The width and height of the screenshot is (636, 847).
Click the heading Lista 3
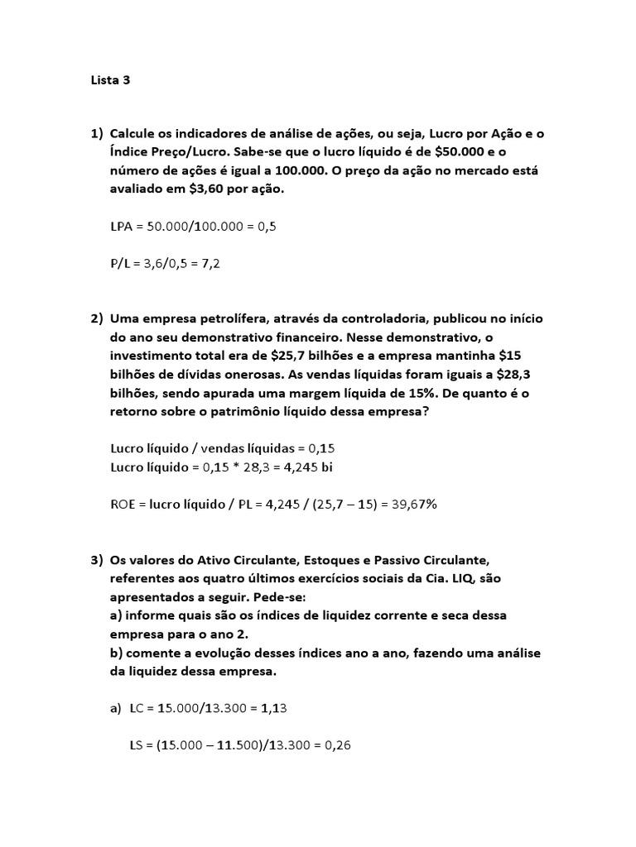click(110, 81)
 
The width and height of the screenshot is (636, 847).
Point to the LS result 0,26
click(338, 745)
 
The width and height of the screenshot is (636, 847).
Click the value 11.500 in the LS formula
click(219, 745)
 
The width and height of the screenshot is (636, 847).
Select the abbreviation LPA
click(122, 227)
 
